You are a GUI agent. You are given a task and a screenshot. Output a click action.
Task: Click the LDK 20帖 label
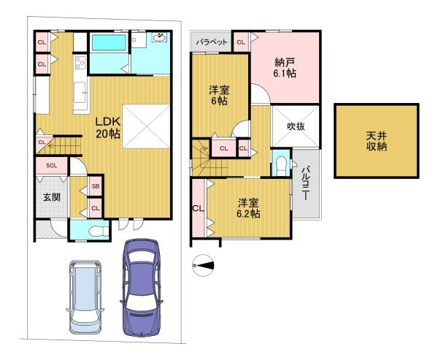pos(108,128)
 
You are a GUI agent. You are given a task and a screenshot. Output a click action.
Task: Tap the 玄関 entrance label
pos(52,197)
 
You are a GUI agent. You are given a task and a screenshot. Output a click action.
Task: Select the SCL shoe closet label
pos(52,166)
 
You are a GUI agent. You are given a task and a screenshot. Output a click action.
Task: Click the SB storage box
pos(96,185)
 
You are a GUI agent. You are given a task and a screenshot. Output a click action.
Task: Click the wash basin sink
pos(160,37)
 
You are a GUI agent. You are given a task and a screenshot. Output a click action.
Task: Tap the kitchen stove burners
pos(80,63)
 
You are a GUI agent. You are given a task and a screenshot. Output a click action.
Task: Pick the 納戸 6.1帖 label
pos(285,68)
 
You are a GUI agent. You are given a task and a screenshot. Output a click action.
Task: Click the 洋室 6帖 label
pos(219,96)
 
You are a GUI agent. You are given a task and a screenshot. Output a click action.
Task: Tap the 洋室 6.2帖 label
pos(248,208)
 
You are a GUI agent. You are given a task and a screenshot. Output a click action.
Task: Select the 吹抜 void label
pos(296,126)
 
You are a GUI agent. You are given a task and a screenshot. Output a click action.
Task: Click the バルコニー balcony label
pos(307,183)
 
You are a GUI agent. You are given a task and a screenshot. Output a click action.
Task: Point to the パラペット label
pos(212,42)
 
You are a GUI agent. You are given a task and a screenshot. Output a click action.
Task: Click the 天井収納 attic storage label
pos(377,142)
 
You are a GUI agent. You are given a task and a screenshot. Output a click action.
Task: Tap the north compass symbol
pos(203,265)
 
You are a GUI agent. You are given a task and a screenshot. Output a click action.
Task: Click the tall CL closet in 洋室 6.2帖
pos(199,208)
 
